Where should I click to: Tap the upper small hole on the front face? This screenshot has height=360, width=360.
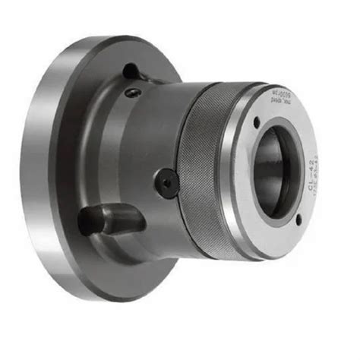click(257, 122)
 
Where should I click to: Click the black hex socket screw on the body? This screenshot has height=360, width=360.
click(166, 182)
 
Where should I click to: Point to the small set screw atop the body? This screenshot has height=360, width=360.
click(134, 93)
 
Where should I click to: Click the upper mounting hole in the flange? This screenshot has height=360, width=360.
click(130, 71)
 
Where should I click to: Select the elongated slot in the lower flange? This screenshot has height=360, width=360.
click(110, 219)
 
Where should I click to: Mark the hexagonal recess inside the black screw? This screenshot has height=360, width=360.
click(166, 182)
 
